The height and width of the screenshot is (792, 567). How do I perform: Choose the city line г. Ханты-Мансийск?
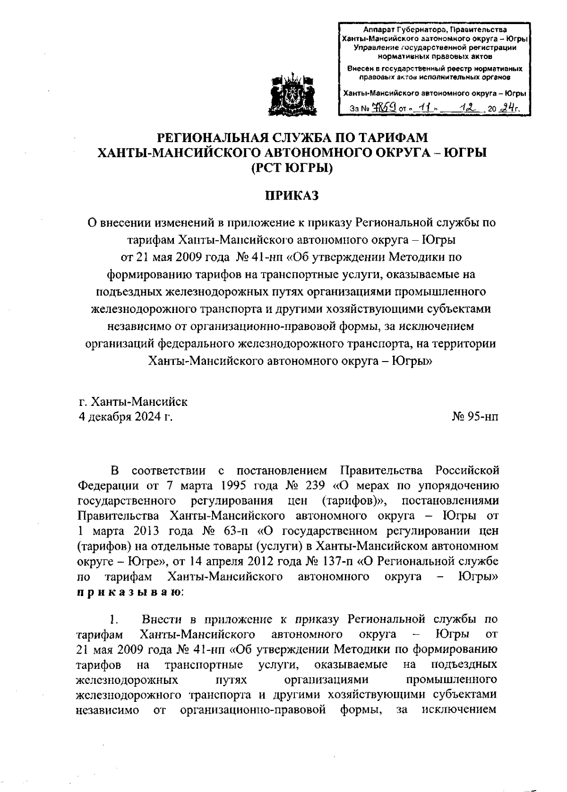tap(133, 402)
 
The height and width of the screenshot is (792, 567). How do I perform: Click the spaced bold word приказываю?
tap(127, 592)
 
